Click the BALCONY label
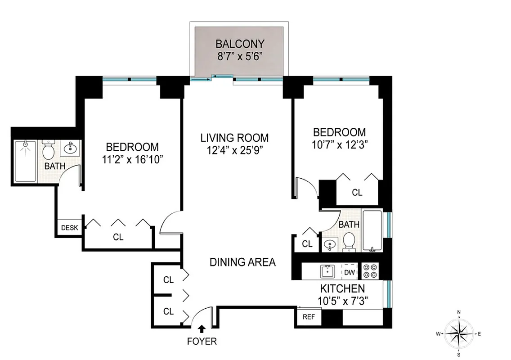240,44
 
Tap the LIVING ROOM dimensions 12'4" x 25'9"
234,151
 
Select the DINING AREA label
242,262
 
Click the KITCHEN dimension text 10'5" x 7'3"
342,301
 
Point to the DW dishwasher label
350,272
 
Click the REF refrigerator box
309,316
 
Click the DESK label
69,228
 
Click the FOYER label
202,342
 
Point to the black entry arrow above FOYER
202,329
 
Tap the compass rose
458,333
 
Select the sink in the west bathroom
70,148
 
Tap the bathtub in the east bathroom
372,230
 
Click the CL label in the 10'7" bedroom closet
357,193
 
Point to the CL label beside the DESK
118,237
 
